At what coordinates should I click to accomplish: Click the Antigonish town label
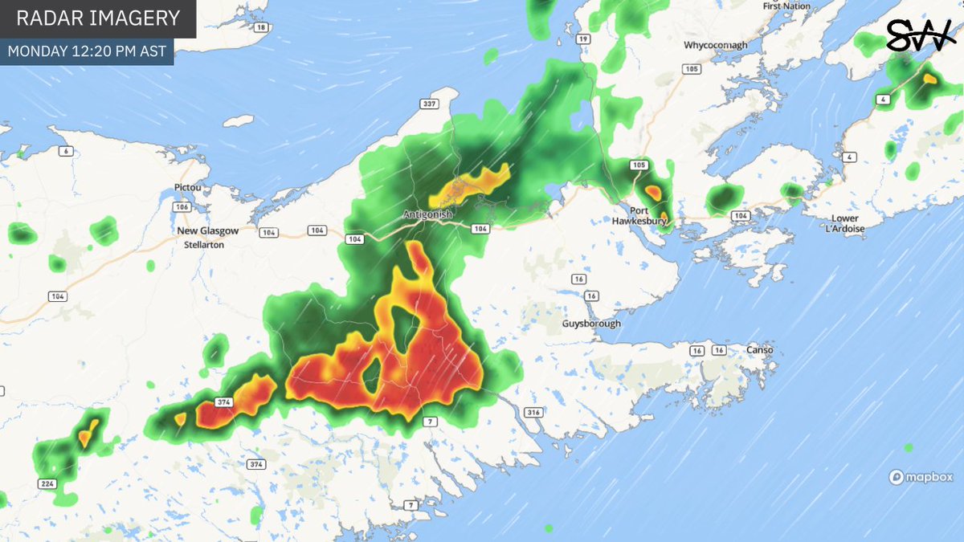coord(429,215)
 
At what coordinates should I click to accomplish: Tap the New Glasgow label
coord(208,230)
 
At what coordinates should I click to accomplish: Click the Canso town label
coord(759,350)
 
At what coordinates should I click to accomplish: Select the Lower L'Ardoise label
coord(845,224)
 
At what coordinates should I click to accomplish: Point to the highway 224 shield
coord(47,482)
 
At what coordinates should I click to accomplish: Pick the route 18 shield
coord(259,27)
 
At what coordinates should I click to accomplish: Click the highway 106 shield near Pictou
coord(180,207)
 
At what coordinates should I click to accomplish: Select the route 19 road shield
coord(583,39)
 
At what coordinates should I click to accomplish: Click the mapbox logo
coord(921,477)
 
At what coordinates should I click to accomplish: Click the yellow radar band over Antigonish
coord(470,185)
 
